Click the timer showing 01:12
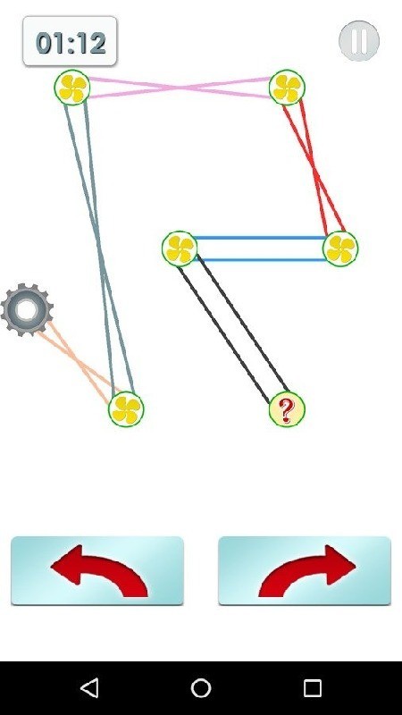[x=71, y=41]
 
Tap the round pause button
[x=359, y=41]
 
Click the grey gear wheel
[x=27, y=310]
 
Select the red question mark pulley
[x=287, y=409]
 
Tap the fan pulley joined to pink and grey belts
[x=72, y=88]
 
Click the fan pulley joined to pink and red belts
[x=287, y=88]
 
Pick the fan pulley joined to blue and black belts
[x=180, y=248]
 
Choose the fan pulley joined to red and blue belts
[x=340, y=248]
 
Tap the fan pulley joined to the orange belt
[x=126, y=409]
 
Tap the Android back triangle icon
[x=89, y=687]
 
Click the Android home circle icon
[x=201, y=687]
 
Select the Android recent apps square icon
[x=313, y=687]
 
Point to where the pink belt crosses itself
[x=180, y=88]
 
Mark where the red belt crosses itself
[x=314, y=168]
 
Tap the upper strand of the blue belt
[x=260, y=238]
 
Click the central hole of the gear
[x=27, y=310]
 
